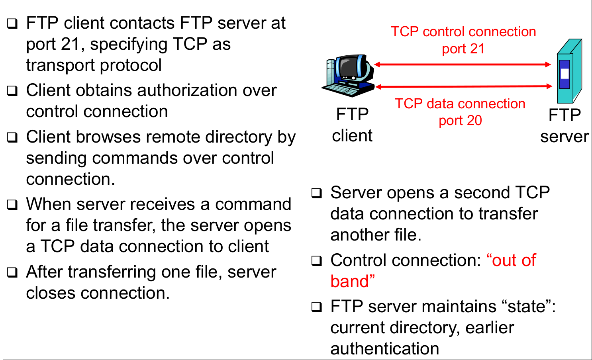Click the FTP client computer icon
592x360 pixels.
click(x=349, y=76)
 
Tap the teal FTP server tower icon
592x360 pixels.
click(x=569, y=72)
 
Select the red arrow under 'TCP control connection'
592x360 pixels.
click(x=462, y=65)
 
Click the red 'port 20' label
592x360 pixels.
click(x=460, y=120)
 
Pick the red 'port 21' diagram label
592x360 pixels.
click(x=463, y=49)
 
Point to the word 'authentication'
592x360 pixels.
click(x=384, y=349)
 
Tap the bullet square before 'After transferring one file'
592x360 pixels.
click(x=13, y=273)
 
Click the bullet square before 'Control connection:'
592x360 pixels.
click(x=317, y=261)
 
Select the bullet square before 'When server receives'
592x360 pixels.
click(x=13, y=205)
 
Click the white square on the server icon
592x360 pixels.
click(x=565, y=73)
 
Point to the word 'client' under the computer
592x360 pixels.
click(x=352, y=136)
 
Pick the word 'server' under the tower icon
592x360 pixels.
click(x=564, y=137)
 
